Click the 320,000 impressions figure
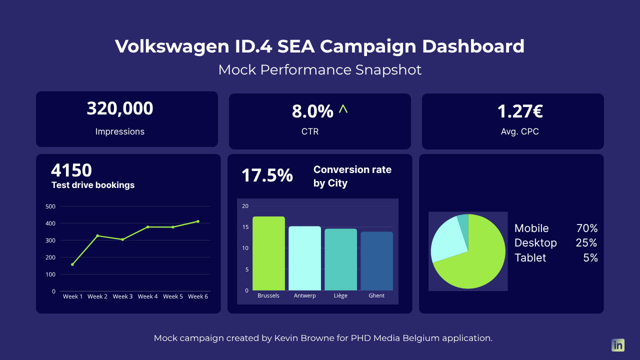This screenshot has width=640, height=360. tap(120, 108)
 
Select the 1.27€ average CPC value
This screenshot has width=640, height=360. tap(520, 111)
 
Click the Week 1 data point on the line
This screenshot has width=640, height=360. tap(72, 264)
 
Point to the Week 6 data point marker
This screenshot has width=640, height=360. tap(198, 221)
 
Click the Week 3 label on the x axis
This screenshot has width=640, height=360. tap(122, 296)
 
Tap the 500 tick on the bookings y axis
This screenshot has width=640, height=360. tap(50, 206)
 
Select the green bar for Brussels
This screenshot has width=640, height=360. tap(268, 253)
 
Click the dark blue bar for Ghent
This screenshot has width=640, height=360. tap(376, 261)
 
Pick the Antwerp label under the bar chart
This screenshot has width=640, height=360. tap(304, 295)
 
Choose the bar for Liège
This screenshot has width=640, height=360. tap(340, 259)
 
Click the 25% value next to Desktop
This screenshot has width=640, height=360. tap(586, 243)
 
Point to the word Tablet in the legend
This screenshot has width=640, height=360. tap(530, 258)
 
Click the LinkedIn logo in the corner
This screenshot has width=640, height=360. tap(618, 345)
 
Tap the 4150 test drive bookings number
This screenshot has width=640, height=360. tap(71, 170)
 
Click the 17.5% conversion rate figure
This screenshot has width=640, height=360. tap(267, 175)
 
